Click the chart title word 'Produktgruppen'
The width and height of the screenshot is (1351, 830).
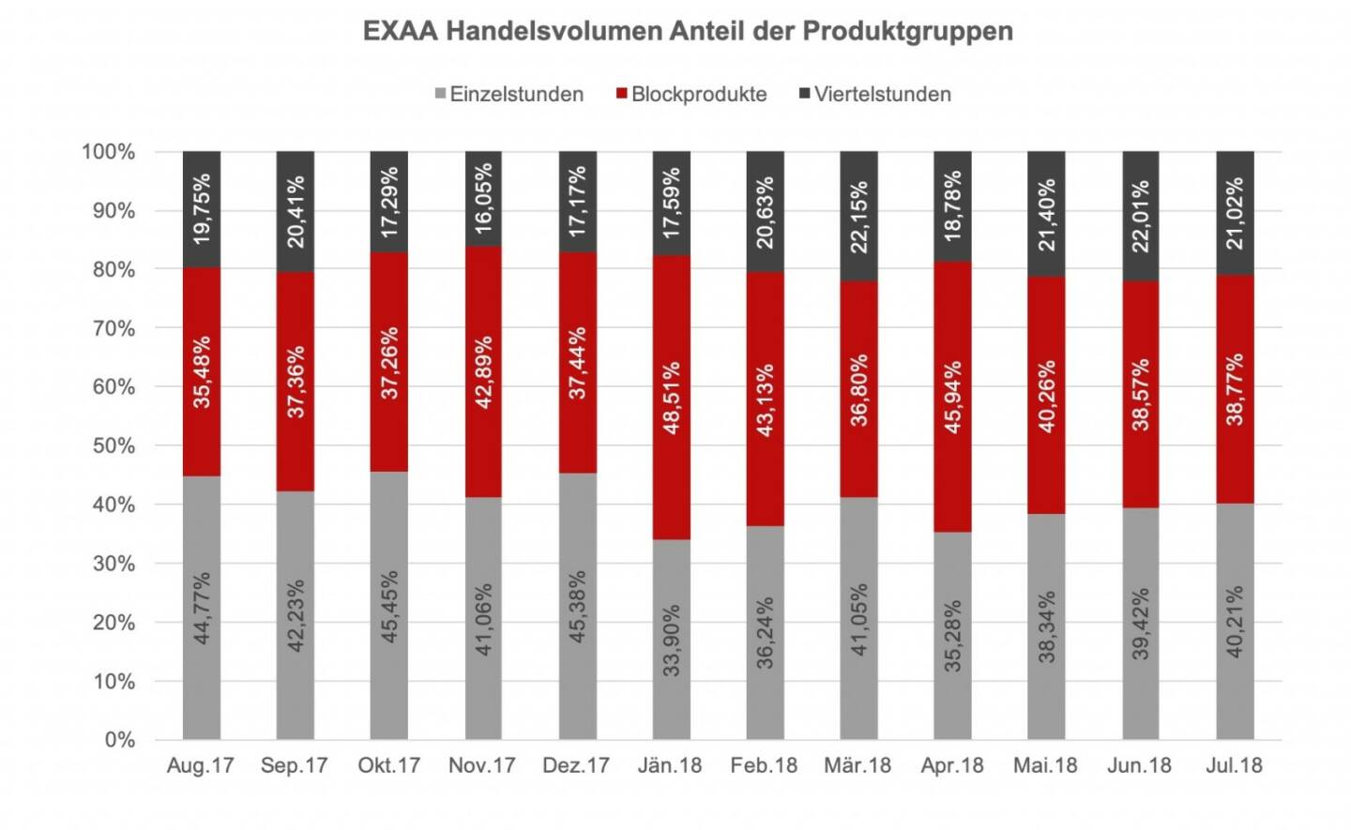pos(907,31)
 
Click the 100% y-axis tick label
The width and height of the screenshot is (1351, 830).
pos(109,152)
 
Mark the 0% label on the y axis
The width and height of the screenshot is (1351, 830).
pos(119,740)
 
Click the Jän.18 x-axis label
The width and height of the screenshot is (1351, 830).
pos(670,765)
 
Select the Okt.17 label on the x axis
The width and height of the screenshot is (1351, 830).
pos(388,765)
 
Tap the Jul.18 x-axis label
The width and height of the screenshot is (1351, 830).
pos(1234,765)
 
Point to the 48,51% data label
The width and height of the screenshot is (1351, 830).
pos(671,398)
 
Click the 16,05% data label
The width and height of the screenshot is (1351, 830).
pos(483,199)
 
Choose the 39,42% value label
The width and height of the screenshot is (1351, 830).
pos(1140,624)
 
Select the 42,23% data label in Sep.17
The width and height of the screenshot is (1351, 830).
pos(296,614)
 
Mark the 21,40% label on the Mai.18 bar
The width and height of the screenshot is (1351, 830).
pos(1046,214)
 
